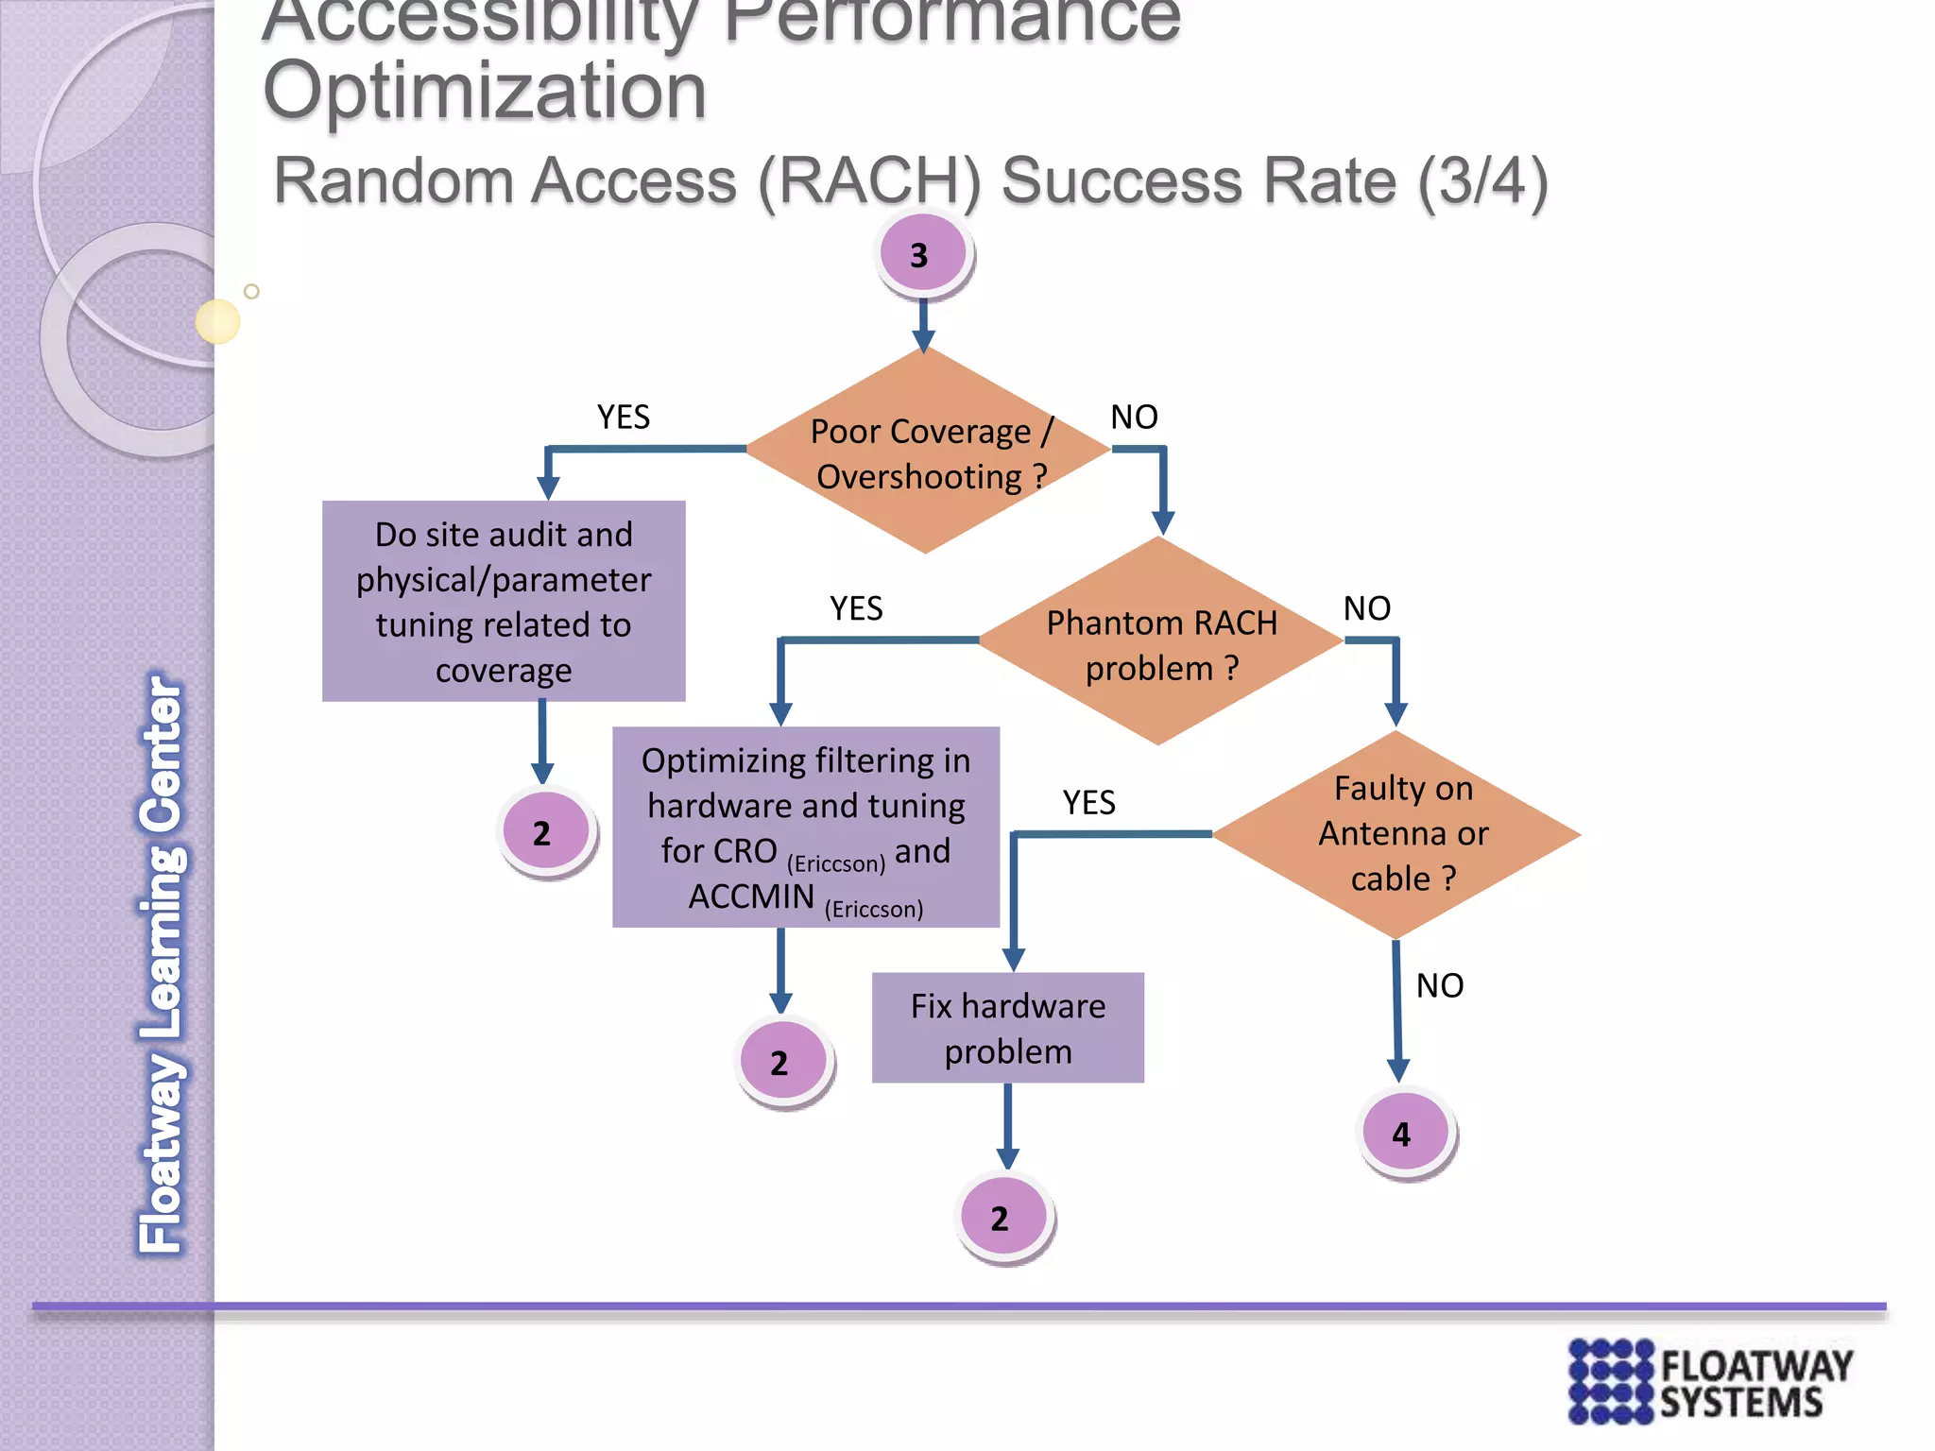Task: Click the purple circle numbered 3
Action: [x=922, y=254]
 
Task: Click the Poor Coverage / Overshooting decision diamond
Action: [x=927, y=452]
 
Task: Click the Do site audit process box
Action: [x=504, y=602]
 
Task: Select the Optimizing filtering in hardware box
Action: [x=805, y=827]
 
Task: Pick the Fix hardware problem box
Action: [x=1007, y=1028]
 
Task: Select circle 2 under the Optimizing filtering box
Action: [x=782, y=1061]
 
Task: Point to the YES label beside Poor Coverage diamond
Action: [x=624, y=417]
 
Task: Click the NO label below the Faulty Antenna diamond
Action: [x=1439, y=985]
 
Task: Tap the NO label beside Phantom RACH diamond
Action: [x=1366, y=608]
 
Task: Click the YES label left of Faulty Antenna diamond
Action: [x=1088, y=802]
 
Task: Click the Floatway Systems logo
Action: [x=1709, y=1381]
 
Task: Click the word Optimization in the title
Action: [x=485, y=92]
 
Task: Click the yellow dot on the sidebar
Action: [x=217, y=321]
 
